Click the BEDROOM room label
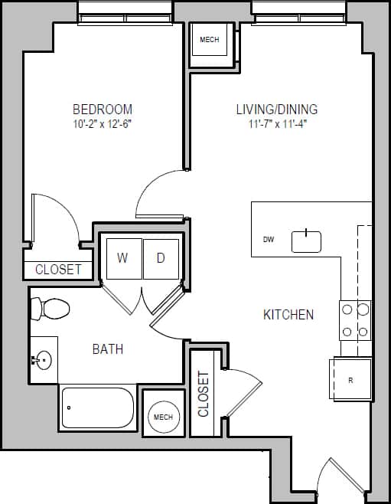tap(102, 109)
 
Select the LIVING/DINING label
tap(276, 109)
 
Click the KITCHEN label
tap(288, 314)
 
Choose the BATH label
tap(107, 349)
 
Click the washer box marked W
tap(122, 258)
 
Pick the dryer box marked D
tap(161, 258)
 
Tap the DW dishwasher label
tap(269, 240)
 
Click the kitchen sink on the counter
tap(306, 241)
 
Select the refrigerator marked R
tap(350, 379)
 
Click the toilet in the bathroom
tap(50, 309)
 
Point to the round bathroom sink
tap(44, 358)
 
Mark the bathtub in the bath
tap(98, 408)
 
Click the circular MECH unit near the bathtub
tap(163, 417)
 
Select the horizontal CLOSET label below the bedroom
tap(58, 270)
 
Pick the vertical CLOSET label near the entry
tap(204, 394)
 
